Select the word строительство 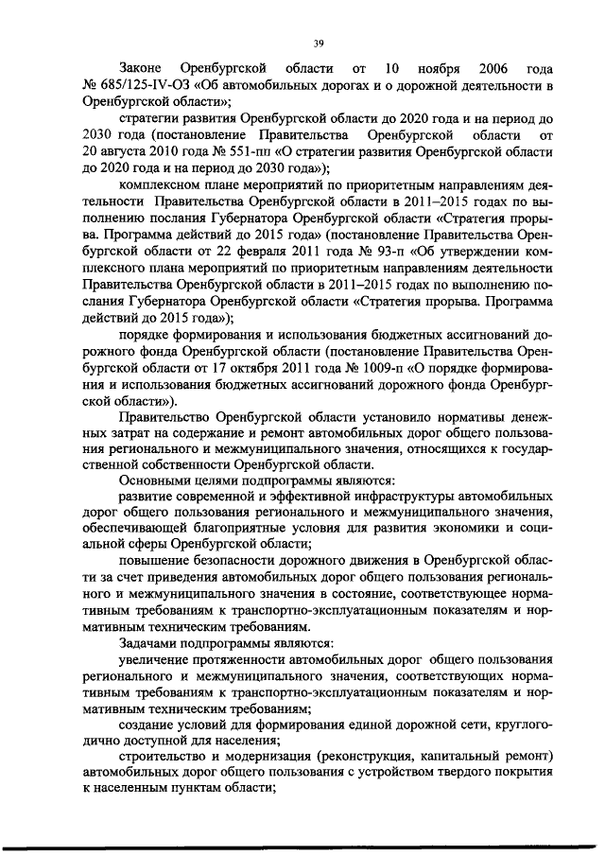click(165, 754)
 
